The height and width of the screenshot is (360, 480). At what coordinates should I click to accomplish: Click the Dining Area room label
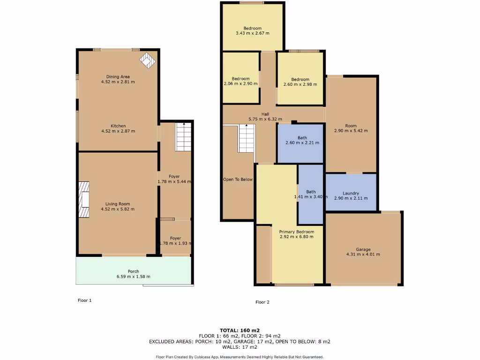click(118, 76)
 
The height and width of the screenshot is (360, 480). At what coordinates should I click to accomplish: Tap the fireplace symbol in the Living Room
click(83, 200)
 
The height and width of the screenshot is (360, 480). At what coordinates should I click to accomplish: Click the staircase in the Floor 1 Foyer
click(183, 137)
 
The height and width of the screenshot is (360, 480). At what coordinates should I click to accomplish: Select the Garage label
click(363, 249)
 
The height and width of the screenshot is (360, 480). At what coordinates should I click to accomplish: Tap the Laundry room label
click(351, 193)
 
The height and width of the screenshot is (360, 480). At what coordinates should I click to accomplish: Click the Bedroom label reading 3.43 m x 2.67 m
click(252, 28)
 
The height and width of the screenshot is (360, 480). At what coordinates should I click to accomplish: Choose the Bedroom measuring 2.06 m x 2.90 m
click(241, 79)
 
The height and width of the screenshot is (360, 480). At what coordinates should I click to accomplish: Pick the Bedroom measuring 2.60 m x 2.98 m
click(300, 79)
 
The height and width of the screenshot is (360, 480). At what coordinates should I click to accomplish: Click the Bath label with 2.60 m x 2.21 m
click(302, 138)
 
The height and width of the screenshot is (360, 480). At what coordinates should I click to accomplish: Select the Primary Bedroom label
click(296, 232)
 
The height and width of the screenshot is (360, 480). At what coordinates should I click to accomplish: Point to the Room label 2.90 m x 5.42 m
click(351, 126)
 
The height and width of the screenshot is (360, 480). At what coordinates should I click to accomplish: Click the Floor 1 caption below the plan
click(84, 300)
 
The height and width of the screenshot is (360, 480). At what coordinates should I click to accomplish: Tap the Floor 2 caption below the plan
click(262, 302)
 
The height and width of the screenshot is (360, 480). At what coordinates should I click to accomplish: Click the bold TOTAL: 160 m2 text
click(240, 330)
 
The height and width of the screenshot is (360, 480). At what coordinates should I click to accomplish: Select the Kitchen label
click(118, 126)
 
